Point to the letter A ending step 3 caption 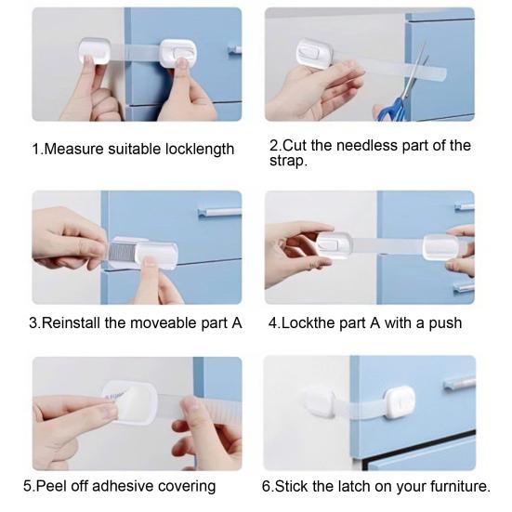pos(236,323)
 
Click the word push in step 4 pos(443,323)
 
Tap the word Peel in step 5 pos(53,486)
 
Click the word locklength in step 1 pos(195,149)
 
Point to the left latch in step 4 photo pos(335,243)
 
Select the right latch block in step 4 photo pos(441,246)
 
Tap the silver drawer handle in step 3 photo pos(220,213)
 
